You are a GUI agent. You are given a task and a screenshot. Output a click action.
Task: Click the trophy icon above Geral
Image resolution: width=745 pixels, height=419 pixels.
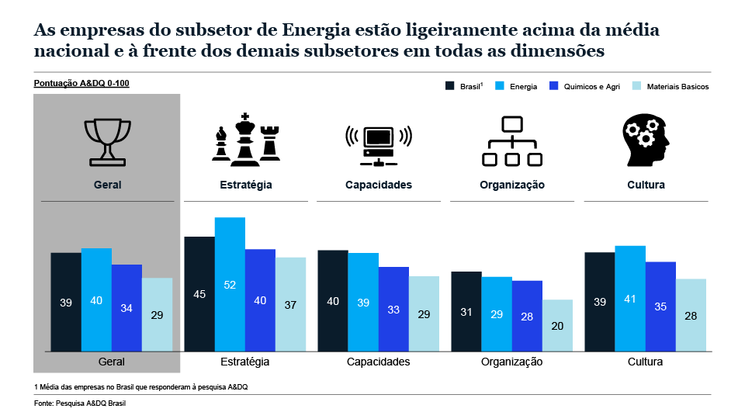(x=108, y=140)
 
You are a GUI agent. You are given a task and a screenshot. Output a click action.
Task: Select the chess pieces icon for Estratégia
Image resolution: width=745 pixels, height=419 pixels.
(x=245, y=140)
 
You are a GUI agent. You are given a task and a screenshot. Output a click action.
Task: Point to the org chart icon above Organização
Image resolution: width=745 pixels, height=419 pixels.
(x=511, y=141)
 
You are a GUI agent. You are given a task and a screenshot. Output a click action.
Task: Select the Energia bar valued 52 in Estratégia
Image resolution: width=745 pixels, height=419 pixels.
(x=230, y=284)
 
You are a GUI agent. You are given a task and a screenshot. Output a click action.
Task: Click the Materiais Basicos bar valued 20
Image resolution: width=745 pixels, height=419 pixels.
(x=557, y=325)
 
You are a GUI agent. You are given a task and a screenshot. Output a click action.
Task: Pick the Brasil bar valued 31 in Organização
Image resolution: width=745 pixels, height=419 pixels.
(x=466, y=311)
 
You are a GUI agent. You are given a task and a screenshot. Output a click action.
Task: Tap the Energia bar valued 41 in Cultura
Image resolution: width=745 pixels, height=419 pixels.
(x=630, y=298)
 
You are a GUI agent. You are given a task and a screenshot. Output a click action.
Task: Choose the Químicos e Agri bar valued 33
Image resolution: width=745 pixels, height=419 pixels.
(x=393, y=309)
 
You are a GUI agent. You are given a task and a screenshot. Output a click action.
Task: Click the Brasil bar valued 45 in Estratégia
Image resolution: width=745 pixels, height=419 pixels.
(x=199, y=294)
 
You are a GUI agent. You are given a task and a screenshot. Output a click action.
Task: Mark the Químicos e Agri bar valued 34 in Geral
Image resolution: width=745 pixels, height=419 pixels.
(x=126, y=307)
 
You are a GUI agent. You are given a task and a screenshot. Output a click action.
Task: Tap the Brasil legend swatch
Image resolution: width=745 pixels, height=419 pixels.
(x=450, y=86)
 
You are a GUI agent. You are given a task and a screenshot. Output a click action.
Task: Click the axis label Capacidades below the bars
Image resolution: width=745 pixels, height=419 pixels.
(x=378, y=362)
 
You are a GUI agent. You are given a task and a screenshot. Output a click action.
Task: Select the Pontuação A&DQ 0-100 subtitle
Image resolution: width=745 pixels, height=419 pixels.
(x=81, y=82)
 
